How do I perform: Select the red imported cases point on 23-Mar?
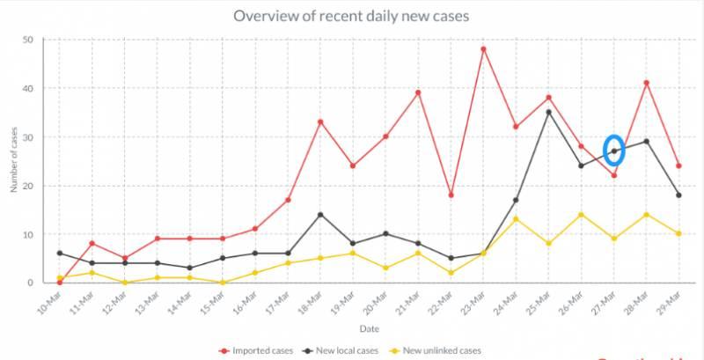[483, 49]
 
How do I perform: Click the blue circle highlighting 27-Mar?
[614, 151]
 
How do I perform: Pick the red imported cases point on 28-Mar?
[647, 83]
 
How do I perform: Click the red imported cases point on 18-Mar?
[320, 121]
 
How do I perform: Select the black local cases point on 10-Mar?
[59, 253]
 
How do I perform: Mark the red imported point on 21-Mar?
[418, 92]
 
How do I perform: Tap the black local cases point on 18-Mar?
[320, 215]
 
